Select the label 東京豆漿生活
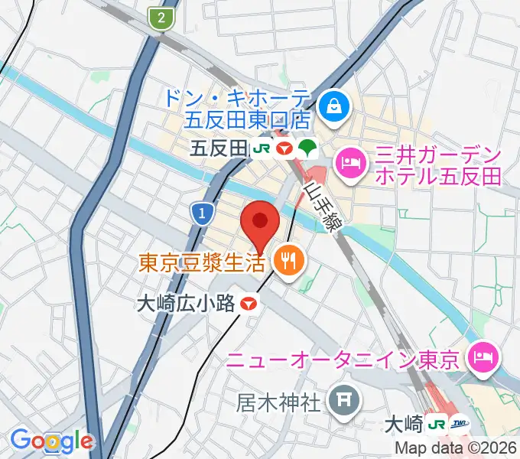tap(202, 263)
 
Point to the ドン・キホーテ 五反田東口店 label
tap(237, 108)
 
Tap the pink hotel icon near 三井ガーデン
tap(352, 162)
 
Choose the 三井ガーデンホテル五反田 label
tap(438, 166)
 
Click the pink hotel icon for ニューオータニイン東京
tap(483, 356)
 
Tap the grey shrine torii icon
tap(340, 399)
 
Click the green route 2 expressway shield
tap(161, 18)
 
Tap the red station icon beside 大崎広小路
tap(247, 304)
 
